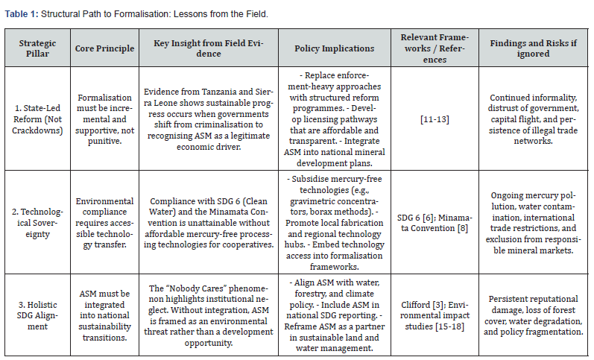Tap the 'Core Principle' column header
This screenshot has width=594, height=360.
tap(105, 48)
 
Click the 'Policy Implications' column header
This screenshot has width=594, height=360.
tap(335, 48)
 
